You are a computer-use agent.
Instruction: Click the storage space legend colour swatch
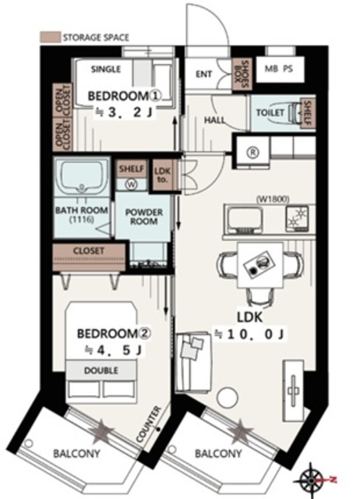(50, 37)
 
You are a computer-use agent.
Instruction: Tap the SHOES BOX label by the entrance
(242, 75)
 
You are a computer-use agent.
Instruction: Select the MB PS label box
(279, 69)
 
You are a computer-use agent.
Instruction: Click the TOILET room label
(270, 112)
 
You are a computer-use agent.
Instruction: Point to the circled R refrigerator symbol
(253, 153)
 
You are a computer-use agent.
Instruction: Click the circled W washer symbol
(131, 185)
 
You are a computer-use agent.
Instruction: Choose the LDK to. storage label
(163, 175)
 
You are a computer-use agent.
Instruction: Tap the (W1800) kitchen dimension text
(273, 200)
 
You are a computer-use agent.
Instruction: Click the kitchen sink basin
(244, 219)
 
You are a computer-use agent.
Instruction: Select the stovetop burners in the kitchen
(297, 218)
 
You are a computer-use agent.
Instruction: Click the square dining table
(259, 265)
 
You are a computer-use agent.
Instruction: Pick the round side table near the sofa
(228, 397)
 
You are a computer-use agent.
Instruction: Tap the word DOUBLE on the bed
(101, 370)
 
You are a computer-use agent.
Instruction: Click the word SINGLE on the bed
(106, 69)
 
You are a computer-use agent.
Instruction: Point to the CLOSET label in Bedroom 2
(89, 251)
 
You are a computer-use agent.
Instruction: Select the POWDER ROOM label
(144, 217)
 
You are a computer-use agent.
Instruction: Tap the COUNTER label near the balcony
(149, 424)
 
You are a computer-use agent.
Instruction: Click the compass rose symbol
(309, 480)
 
